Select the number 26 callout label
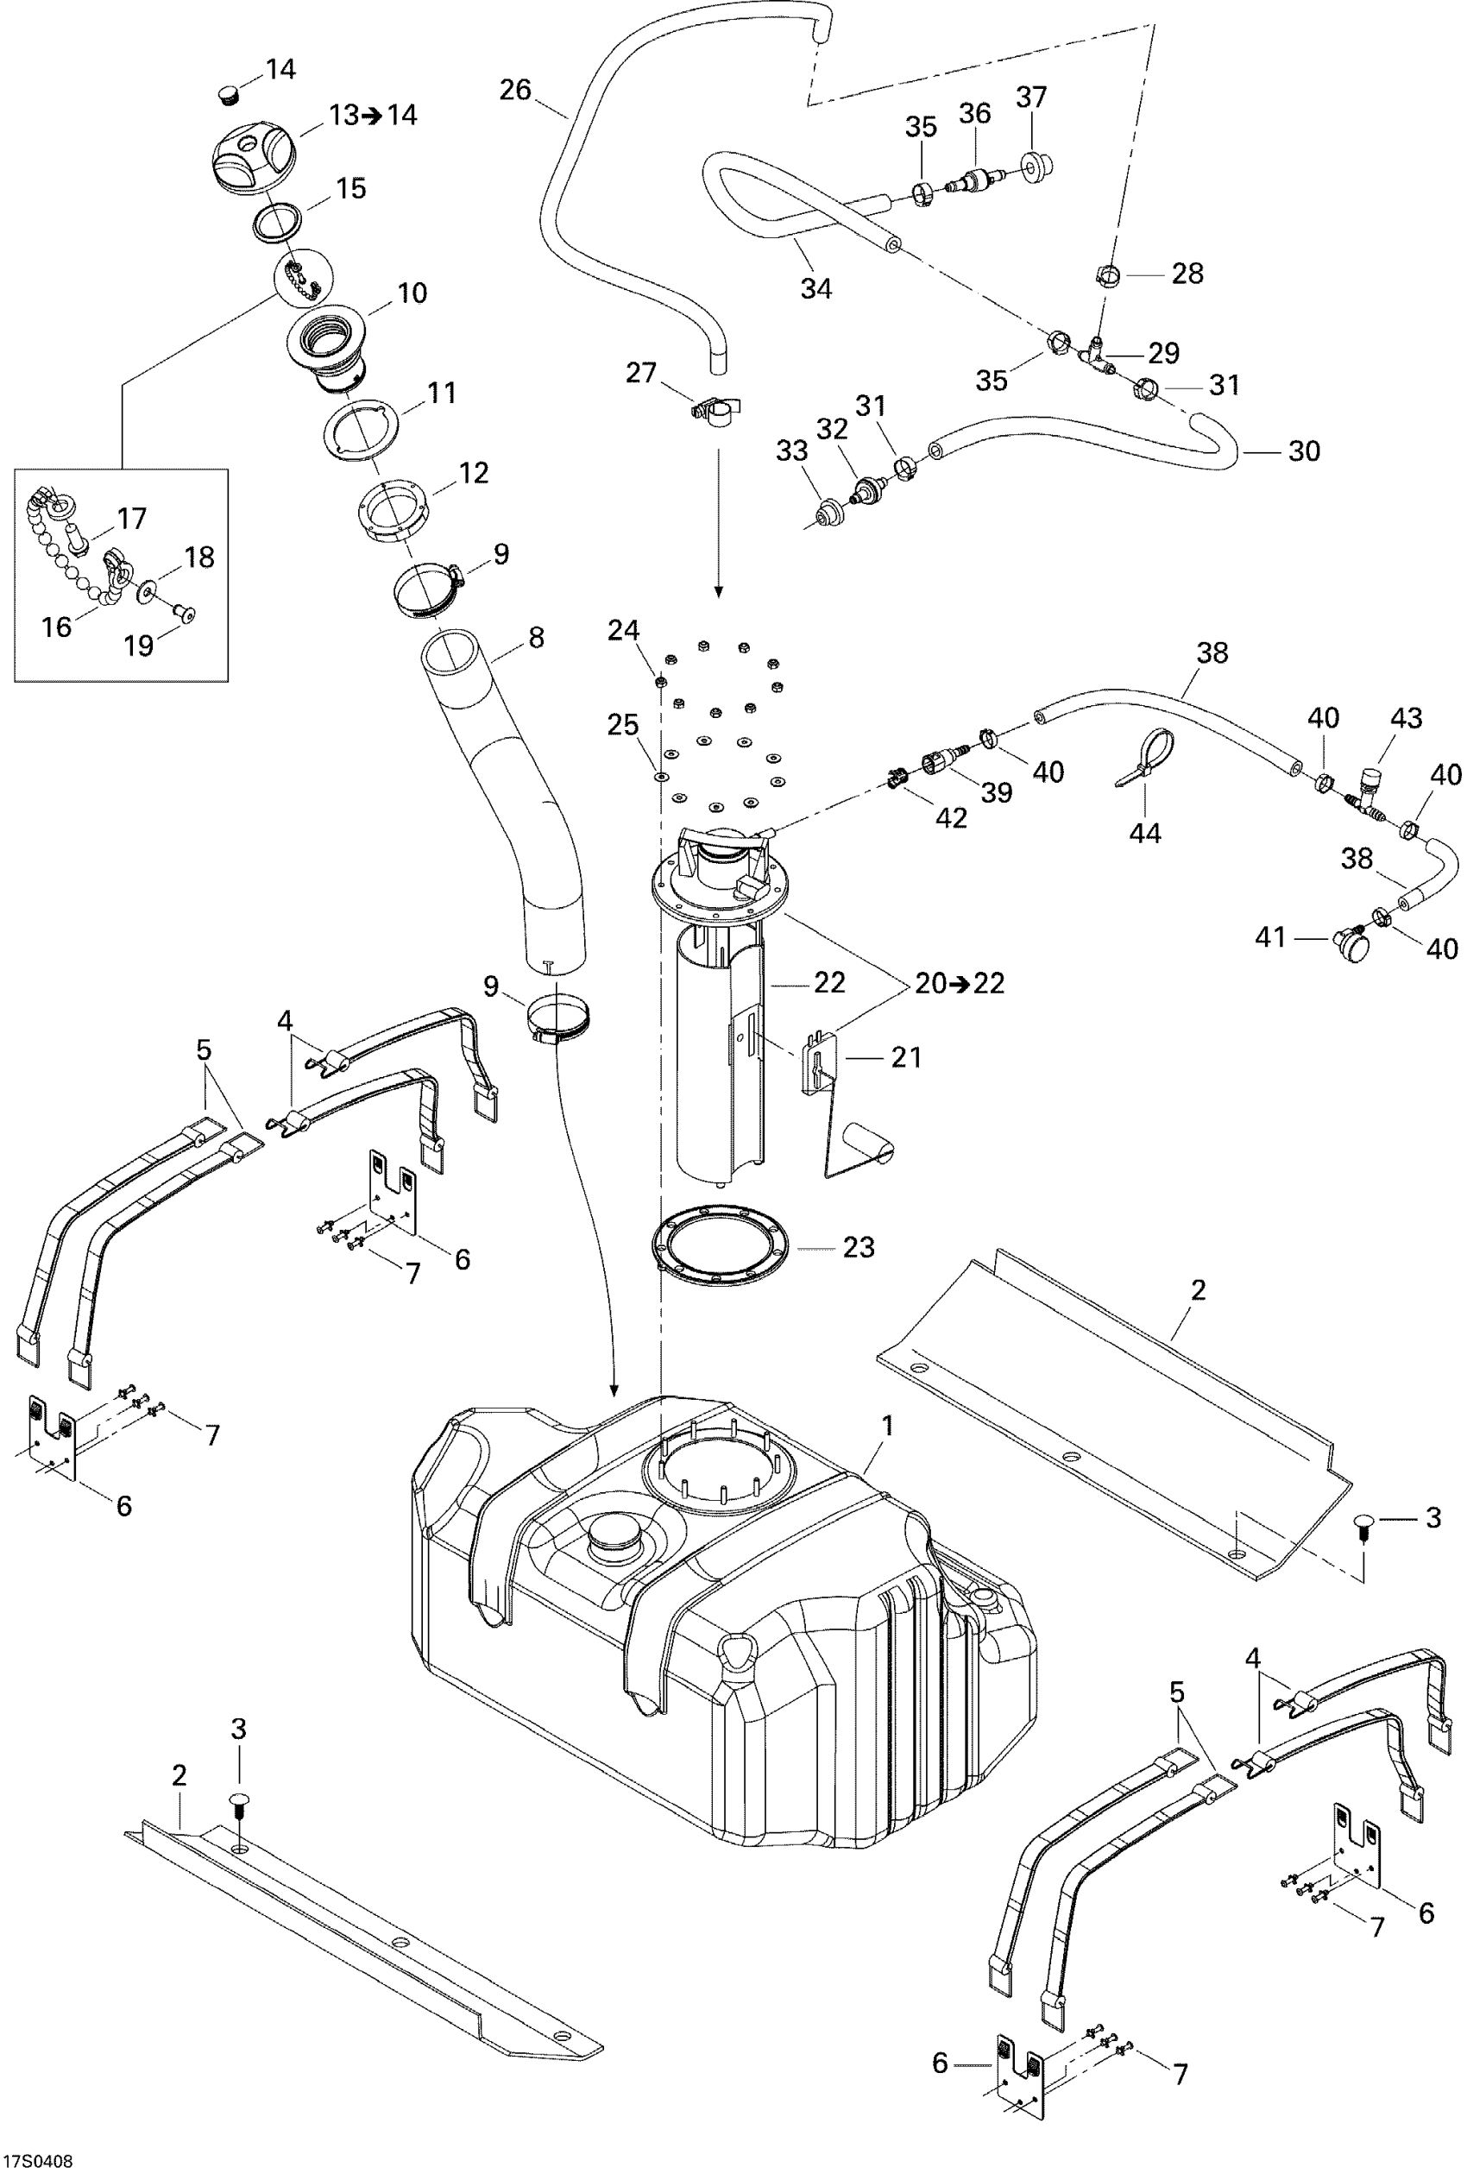click(x=515, y=90)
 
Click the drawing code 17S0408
click(x=37, y=2161)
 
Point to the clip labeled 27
click(x=714, y=411)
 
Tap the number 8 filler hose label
click(x=535, y=637)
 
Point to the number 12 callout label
click(x=474, y=472)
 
